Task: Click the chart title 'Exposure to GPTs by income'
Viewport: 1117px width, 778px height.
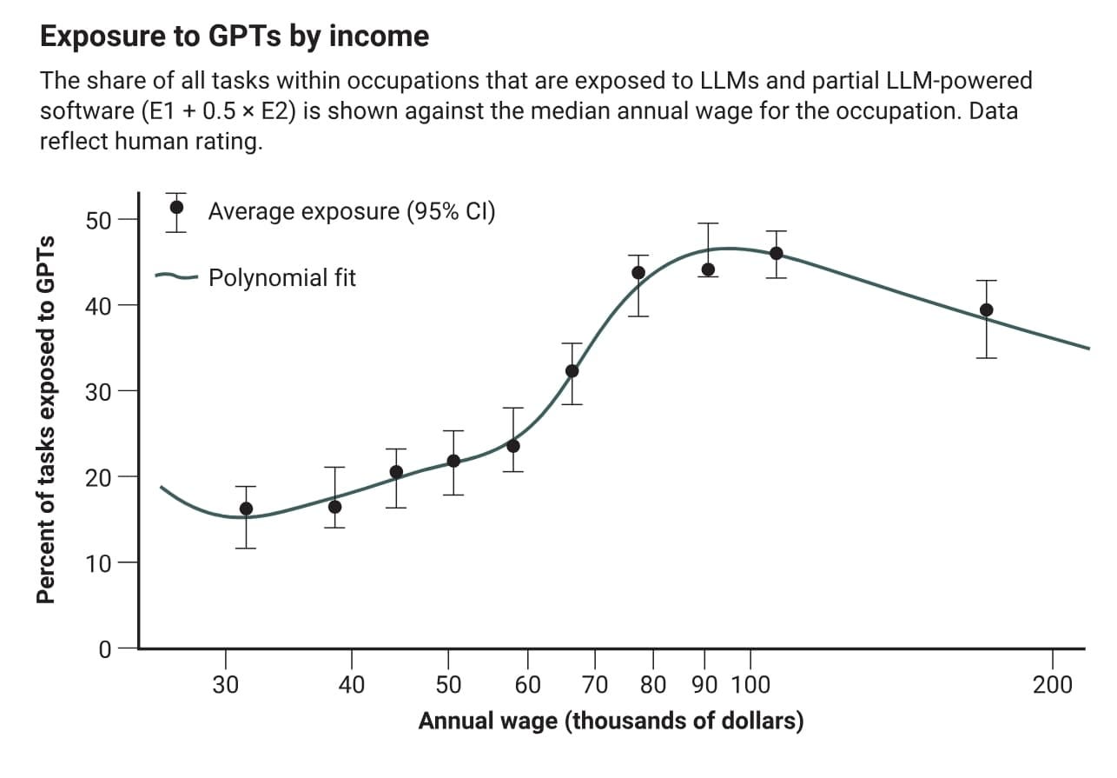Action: coord(235,37)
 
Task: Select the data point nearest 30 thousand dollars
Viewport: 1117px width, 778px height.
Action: coord(246,509)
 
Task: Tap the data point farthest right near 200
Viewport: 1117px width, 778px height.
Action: coord(986,310)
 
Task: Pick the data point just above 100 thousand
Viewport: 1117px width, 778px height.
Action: coord(777,253)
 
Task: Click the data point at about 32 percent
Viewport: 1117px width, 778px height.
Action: coord(572,371)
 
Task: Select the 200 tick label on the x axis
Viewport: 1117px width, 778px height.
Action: coord(1052,685)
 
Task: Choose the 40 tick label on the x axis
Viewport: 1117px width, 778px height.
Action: coord(351,685)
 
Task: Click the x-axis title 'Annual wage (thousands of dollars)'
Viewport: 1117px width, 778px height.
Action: coord(611,721)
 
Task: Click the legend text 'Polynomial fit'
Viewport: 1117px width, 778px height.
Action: coord(282,278)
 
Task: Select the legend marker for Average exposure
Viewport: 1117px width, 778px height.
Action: coord(176,208)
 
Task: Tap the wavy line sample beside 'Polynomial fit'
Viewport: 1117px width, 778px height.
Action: coord(177,277)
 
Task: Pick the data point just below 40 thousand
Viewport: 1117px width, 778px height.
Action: coord(334,507)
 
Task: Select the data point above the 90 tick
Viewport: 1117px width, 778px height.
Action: coord(708,269)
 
